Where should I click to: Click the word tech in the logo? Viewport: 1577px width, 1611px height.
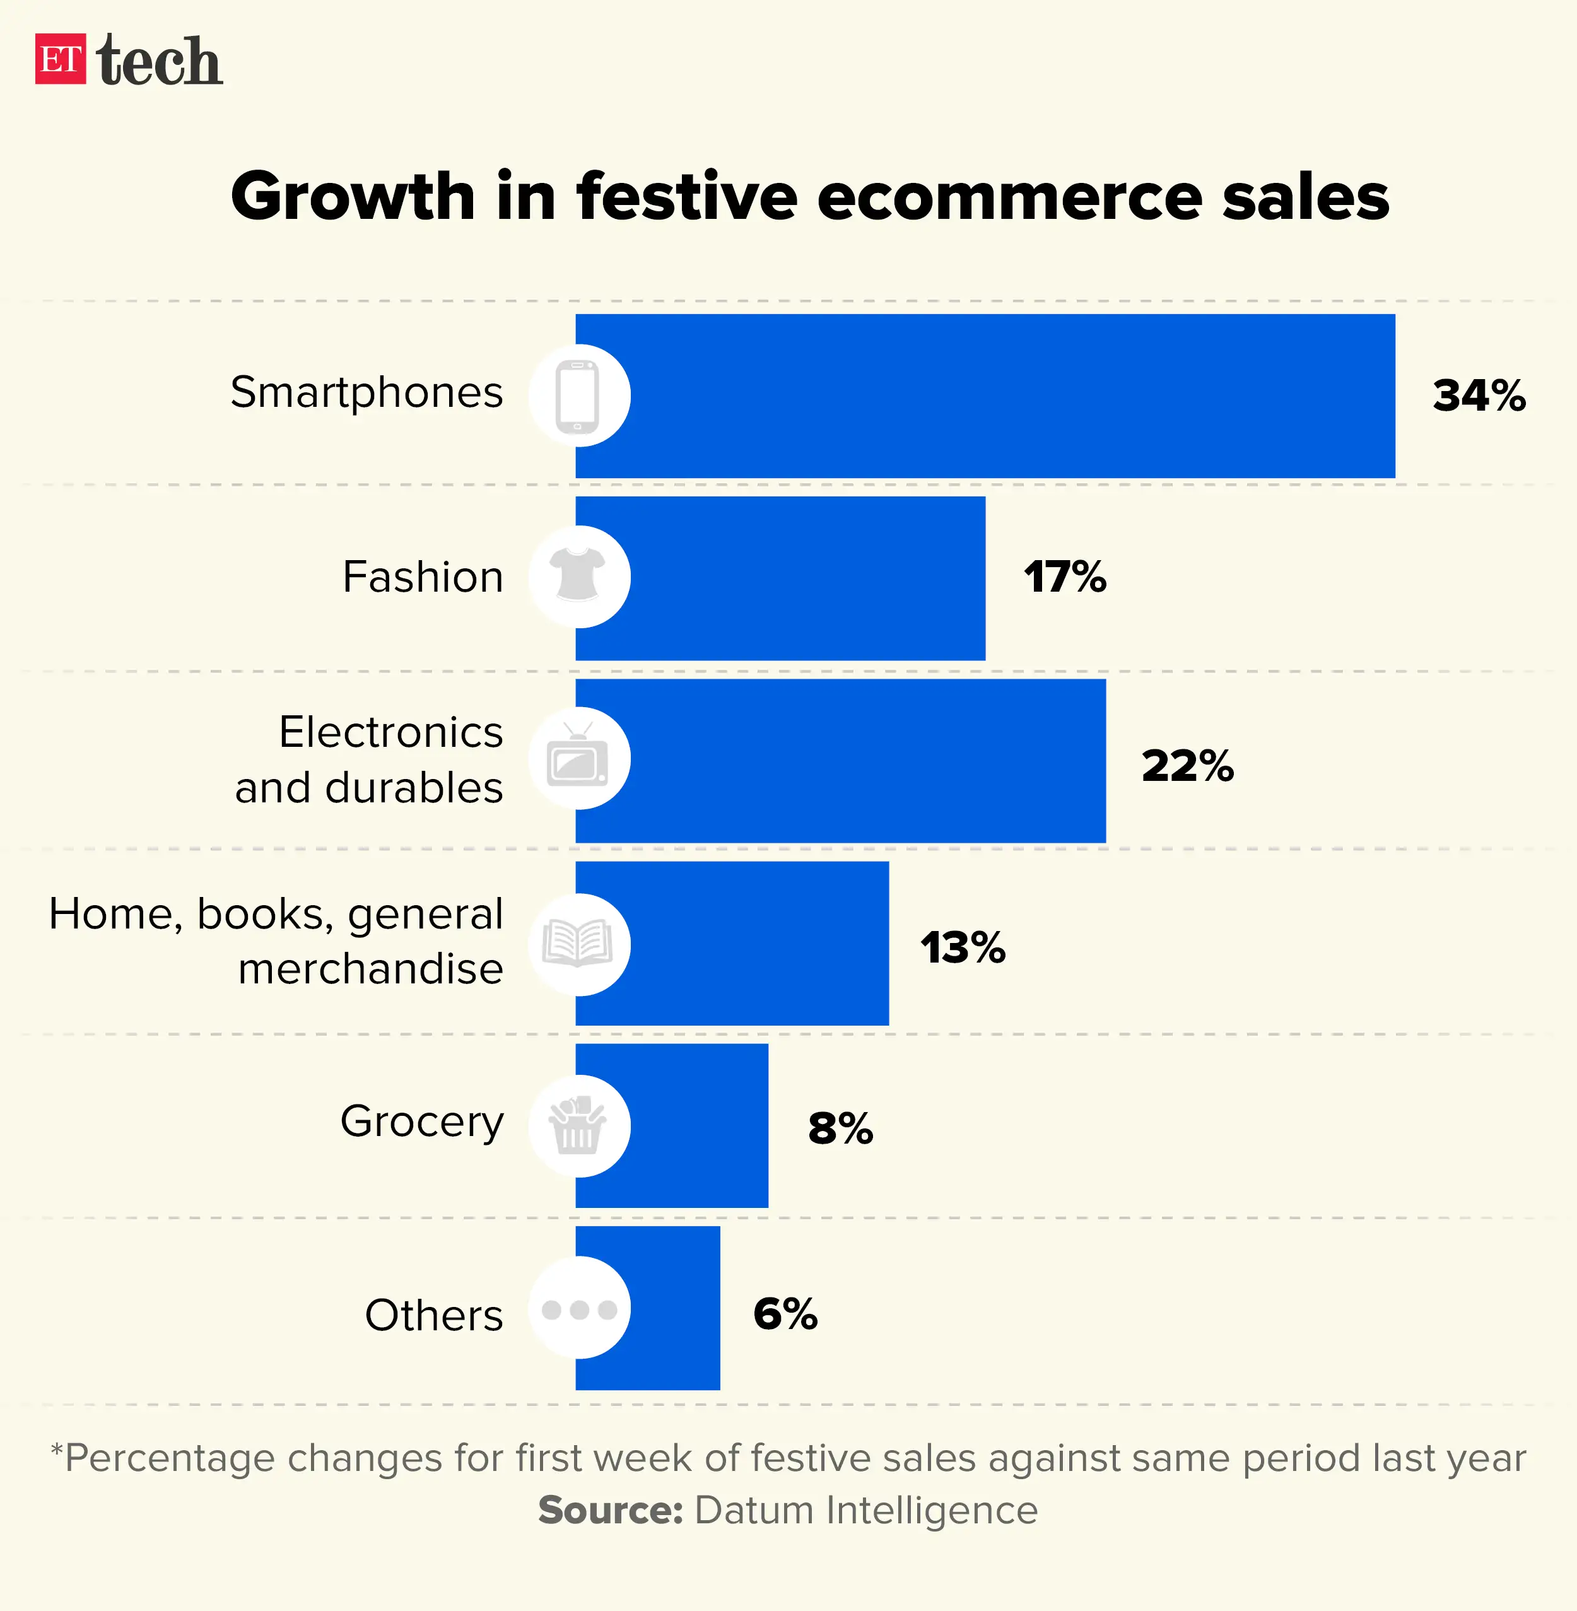pos(159,61)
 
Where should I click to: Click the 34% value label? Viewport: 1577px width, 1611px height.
pos(1479,396)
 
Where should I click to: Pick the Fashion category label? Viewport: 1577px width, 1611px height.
pos(423,577)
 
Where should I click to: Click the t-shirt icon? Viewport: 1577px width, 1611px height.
pos(578,575)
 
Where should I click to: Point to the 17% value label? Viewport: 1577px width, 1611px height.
pos(1064,577)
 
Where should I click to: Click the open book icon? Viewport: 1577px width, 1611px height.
pos(578,944)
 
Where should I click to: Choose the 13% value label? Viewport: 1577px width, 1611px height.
pos(963,947)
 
